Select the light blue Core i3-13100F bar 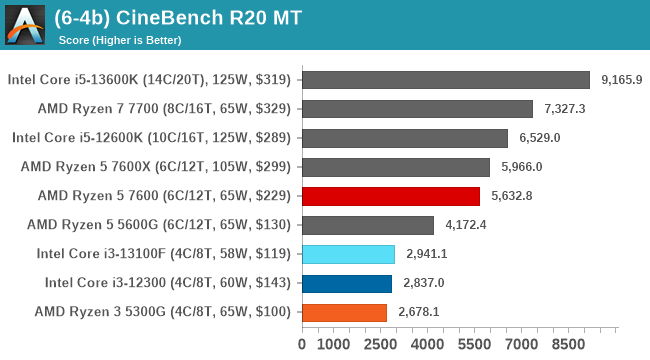tap(348, 254)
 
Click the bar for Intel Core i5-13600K tap(445, 80)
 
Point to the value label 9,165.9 tap(622, 80)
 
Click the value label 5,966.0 tap(522, 167)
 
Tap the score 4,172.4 tap(466, 225)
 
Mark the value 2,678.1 tap(418, 312)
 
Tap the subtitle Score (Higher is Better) tap(119, 40)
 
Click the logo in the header tap(26, 26)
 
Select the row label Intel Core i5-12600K tap(151, 138)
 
